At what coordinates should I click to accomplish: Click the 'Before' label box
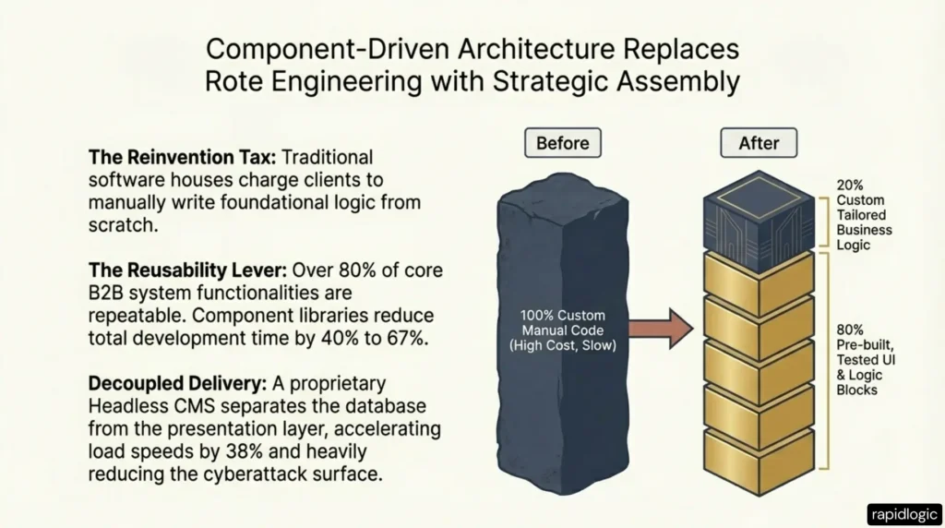[x=562, y=143]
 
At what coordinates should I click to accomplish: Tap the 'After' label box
[x=758, y=143]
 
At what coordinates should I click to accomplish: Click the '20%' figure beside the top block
[x=851, y=184]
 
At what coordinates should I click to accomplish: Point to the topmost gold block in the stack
[x=759, y=279]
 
